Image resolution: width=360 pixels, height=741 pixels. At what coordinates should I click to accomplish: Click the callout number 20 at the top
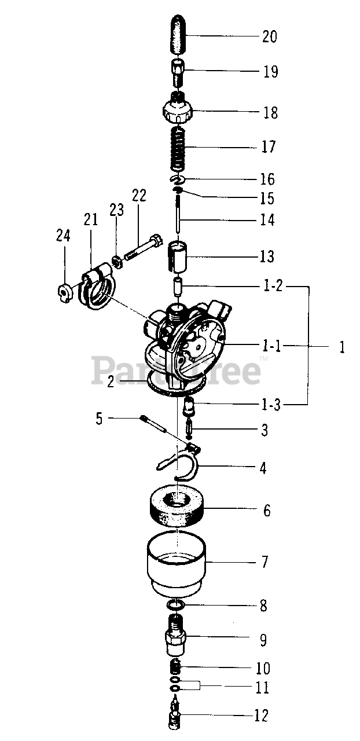point(270,36)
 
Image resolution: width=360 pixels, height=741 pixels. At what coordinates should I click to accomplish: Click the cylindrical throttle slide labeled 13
point(179,256)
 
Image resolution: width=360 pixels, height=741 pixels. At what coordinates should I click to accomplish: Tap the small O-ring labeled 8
point(176,605)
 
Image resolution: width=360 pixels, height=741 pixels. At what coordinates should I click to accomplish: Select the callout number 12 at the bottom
point(262,716)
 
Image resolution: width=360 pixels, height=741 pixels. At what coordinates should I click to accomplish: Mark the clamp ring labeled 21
point(98,287)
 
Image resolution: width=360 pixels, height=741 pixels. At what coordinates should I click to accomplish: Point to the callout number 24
point(63,235)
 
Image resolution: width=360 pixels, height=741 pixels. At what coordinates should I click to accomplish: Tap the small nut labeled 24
point(64,289)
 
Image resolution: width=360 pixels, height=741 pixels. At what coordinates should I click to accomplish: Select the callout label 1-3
point(268,405)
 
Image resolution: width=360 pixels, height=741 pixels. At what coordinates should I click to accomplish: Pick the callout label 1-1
point(270,346)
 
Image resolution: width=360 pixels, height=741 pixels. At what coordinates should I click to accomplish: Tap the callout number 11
point(262,688)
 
